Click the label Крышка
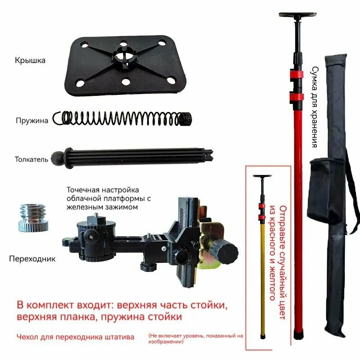pos(30,60)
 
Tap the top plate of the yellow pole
pos(262,177)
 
